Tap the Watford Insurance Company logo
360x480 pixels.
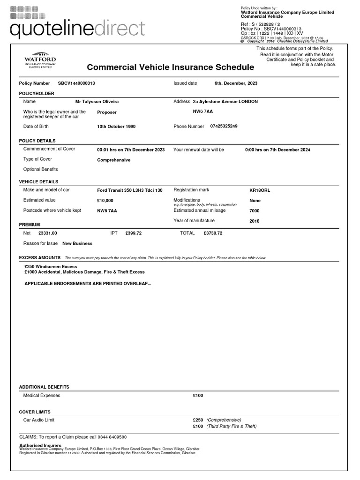click(x=40, y=60)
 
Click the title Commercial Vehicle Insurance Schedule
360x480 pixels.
click(x=171, y=67)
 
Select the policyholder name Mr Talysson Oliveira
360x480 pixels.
click(x=97, y=101)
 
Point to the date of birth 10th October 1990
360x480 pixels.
click(x=116, y=127)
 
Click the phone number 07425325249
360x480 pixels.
click(x=224, y=126)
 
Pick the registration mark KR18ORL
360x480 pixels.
click(x=260, y=191)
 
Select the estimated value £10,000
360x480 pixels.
click(x=105, y=201)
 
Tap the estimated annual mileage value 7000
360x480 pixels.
click(x=255, y=211)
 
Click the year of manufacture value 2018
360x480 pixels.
click(x=255, y=221)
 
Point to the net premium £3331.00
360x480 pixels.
click(x=48, y=233)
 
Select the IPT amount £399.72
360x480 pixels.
click(x=134, y=233)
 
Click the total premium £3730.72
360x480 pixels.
click(x=213, y=233)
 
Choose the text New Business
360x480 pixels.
click(x=77, y=243)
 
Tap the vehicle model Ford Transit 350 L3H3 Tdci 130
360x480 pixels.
click(x=130, y=190)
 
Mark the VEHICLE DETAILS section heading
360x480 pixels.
click(x=39, y=181)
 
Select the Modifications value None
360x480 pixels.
click(x=255, y=201)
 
